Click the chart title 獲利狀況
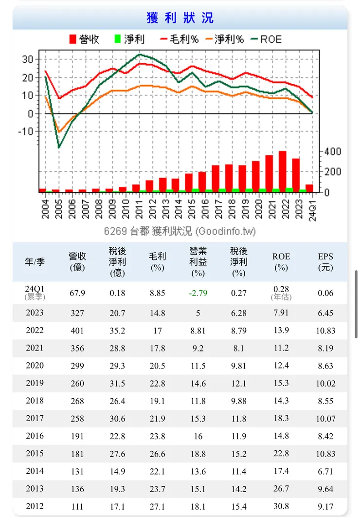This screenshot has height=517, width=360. coord(180,18)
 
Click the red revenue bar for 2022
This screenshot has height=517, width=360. coord(282,171)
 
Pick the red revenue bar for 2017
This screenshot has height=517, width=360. coord(216,178)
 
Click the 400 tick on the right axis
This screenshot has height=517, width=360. coord(333,151)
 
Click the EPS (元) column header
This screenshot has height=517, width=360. coord(326,261)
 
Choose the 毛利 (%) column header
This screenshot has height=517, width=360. coord(157,261)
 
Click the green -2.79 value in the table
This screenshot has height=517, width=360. coord(198,293)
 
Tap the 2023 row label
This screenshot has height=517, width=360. coord(35,313)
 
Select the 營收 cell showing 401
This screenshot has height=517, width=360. coord(77,331)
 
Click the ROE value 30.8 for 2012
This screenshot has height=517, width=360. coord(281,506)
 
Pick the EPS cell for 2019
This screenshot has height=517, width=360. coord(325,383)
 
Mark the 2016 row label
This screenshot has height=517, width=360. coord(35,436)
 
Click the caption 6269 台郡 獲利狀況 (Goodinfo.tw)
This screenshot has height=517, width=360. coord(180,230)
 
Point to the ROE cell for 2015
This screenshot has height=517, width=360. coord(281,453)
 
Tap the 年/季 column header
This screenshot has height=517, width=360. coord(35,261)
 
